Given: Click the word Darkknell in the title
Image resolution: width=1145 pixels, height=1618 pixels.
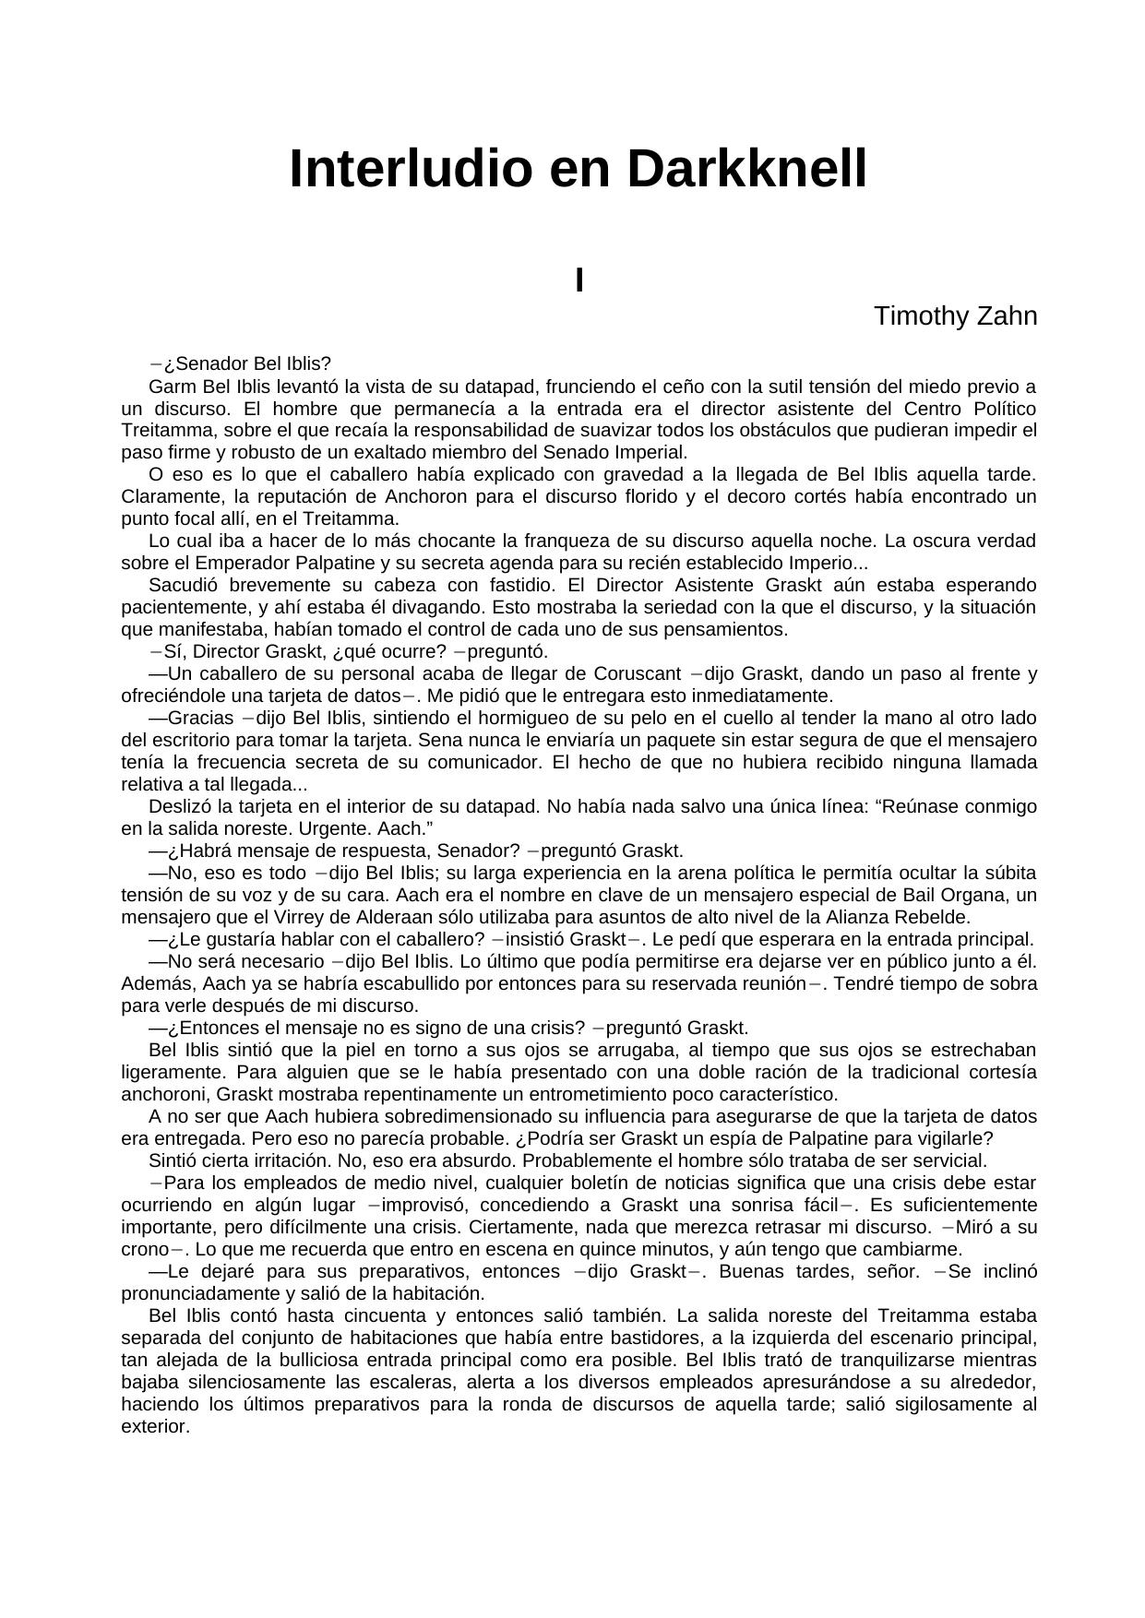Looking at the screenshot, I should point(747,169).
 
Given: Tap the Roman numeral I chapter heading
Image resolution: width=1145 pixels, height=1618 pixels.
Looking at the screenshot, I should point(579,280).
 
